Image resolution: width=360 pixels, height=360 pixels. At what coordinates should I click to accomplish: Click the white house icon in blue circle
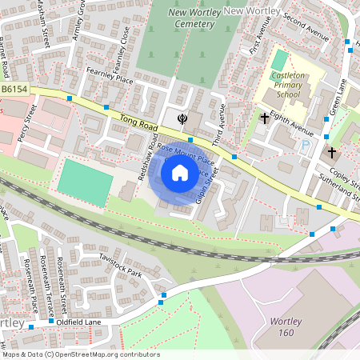tap(180, 172)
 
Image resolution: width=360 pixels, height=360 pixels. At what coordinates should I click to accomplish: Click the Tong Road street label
tap(134, 122)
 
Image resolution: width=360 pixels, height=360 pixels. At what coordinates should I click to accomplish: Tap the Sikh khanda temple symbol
tap(183, 119)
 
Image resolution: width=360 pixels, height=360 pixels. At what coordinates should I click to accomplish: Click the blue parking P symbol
tap(305, 146)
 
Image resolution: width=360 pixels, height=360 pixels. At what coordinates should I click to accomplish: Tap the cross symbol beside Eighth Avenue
tap(265, 119)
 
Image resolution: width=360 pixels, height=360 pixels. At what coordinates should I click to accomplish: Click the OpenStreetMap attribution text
tap(80, 354)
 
